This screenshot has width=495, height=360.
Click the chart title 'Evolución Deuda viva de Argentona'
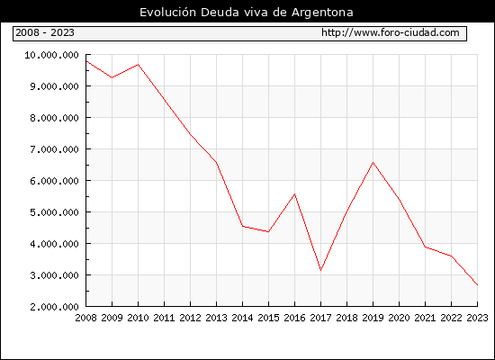point(247,13)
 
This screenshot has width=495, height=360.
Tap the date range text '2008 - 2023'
point(45,32)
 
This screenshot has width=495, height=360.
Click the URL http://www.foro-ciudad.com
point(391,32)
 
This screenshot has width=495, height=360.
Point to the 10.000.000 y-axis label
point(51,55)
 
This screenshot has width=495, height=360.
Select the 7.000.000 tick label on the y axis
point(54,149)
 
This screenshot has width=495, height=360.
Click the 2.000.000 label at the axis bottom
point(54,307)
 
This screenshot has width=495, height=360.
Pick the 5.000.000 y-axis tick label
point(54,212)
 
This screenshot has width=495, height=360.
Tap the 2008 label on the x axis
point(85,318)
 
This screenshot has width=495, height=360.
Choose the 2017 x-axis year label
point(320,318)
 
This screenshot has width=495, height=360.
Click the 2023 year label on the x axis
point(477,318)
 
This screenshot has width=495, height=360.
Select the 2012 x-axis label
point(191,318)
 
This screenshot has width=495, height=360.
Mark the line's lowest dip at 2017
point(320,270)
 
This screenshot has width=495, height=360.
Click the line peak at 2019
point(373,162)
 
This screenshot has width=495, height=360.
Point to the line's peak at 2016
point(295,193)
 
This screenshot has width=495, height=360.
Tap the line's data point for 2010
point(139,65)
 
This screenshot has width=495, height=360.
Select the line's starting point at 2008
point(86,61)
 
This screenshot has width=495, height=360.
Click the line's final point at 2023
point(477,284)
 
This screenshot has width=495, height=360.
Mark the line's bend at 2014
point(242,226)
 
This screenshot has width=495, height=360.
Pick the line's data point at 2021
point(425,247)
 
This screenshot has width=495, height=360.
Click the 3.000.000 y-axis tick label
point(54,275)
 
